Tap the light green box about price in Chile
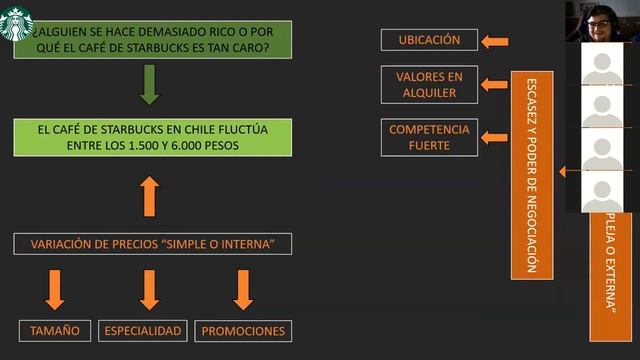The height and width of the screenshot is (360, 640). click(x=153, y=137)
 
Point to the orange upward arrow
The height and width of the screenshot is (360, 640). click(x=149, y=197)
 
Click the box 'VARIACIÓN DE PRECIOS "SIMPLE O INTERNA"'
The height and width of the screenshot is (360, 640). click(x=153, y=244)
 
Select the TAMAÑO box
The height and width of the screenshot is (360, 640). click(x=55, y=331)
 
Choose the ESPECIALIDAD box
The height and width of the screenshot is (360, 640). click(x=143, y=331)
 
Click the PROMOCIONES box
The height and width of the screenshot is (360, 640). click(x=243, y=331)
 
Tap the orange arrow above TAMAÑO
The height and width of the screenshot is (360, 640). click(x=55, y=289)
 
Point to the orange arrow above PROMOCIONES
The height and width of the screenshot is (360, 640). click(x=243, y=289)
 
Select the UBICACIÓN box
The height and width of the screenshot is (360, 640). click(x=429, y=40)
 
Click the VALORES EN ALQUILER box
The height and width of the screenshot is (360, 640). click(x=429, y=84)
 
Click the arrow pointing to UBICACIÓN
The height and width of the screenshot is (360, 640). click(x=494, y=41)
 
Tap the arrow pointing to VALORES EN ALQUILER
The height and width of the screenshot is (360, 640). click(x=494, y=85)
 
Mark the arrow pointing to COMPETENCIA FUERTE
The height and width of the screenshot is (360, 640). click(x=494, y=137)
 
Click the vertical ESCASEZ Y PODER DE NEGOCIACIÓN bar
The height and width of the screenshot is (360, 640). click(x=531, y=174)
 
